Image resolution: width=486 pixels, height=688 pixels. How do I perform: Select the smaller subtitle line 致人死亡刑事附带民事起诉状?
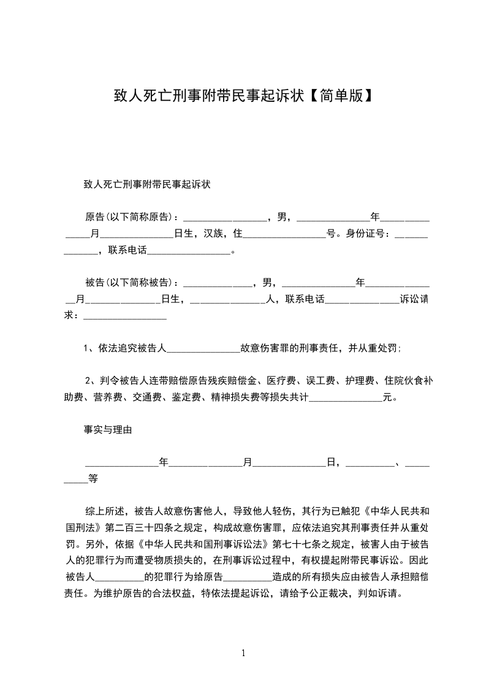[147, 184]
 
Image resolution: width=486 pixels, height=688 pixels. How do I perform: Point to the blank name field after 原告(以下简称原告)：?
[225, 217]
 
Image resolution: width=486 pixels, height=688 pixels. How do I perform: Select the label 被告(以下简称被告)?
[129, 283]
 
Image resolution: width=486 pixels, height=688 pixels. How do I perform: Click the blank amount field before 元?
[345, 397]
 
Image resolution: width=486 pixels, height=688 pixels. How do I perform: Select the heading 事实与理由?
[108, 430]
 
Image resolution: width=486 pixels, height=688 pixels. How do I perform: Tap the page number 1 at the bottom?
[243, 653]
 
